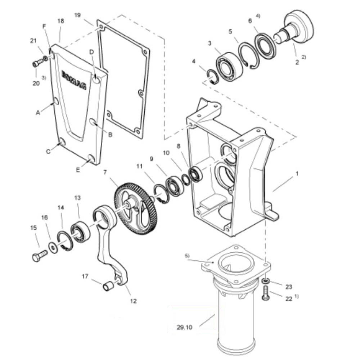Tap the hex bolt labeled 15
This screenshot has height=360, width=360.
tap(40, 256)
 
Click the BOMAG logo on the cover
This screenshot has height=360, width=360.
tap(74, 80)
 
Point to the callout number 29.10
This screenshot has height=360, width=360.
tap(184, 327)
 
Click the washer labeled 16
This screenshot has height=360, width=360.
tap(53, 248)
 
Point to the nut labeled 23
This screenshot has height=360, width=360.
tap(266, 280)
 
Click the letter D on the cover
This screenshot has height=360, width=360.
tap(91, 52)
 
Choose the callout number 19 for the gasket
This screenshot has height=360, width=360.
tap(78, 15)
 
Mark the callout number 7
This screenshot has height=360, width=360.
tap(105, 172)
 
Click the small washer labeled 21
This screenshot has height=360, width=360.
tap(45, 58)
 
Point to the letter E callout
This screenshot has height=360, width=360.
tap(78, 170)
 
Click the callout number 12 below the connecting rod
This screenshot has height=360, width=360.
tap(133, 301)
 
